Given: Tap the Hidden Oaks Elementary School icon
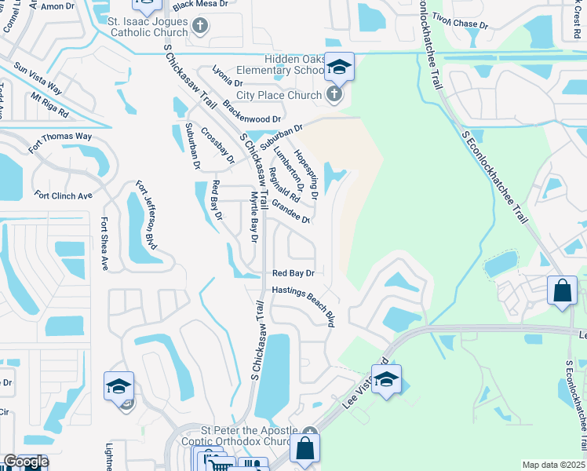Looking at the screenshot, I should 339,68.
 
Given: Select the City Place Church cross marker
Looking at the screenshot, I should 334,95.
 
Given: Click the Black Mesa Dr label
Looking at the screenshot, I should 199,5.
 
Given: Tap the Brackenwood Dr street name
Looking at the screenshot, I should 230,112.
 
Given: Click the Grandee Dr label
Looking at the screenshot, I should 291,211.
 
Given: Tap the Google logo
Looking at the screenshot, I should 25,462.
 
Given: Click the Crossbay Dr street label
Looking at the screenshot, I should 217,145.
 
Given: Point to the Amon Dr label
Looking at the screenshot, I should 57,5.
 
